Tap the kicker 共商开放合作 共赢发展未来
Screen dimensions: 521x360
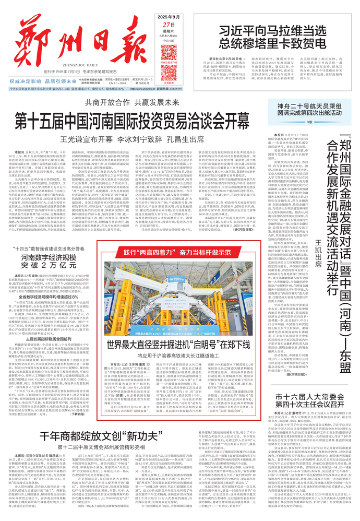pos(133,103)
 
